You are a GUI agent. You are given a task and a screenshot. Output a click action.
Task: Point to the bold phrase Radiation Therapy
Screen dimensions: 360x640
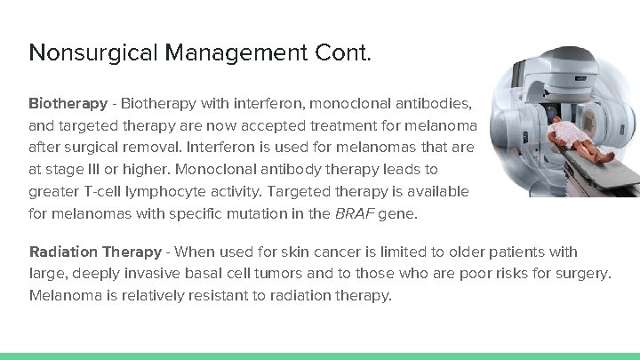[95, 252]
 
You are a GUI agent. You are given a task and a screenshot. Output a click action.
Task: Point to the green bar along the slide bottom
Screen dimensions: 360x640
[320, 356]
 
